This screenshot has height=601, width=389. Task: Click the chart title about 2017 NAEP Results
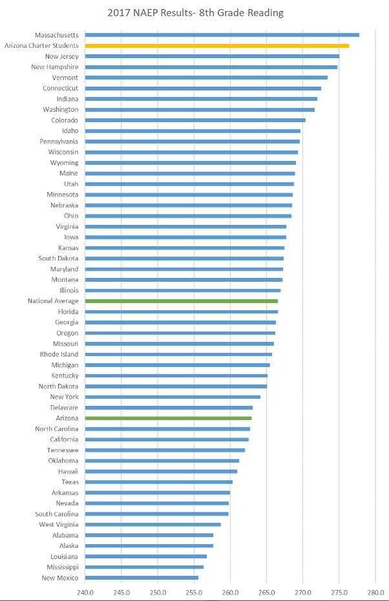pyautogui.click(x=195, y=13)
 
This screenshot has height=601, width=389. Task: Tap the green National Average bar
pyautogui.click(x=181, y=301)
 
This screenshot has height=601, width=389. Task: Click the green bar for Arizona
pyautogui.click(x=168, y=418)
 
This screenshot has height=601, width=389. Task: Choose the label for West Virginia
pyautogui.click(x=59, y=525)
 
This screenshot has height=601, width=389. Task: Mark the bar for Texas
pyautogui.click(x=158, y=482)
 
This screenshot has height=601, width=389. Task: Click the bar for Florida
pyautogui.click(x=181, y=311)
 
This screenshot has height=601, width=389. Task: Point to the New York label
pyautogui.click(x=64, y=397)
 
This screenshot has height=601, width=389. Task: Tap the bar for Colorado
pyautogui.click(x=194, y=120)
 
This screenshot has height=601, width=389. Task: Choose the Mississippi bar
pyautogui.click(x=143, y=567)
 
